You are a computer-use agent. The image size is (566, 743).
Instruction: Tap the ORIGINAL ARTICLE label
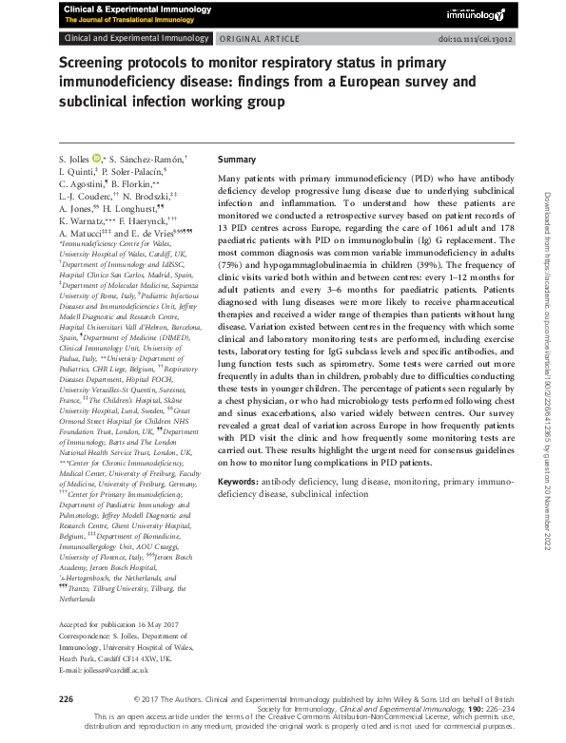click(256, 38)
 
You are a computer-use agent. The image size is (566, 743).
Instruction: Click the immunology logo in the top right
click(478, 14)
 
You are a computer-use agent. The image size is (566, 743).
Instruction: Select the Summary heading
click(237, 160)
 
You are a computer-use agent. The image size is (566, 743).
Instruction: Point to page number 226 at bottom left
click(66, 698)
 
